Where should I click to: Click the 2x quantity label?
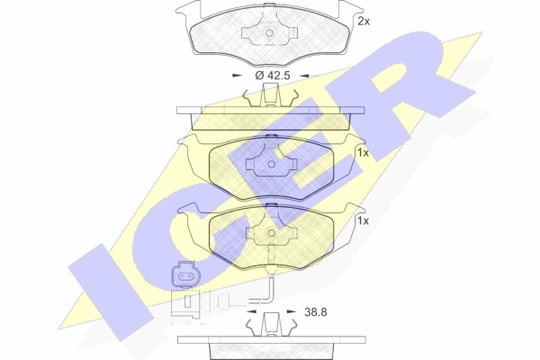pos(364,22)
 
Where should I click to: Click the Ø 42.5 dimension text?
pos(273,75)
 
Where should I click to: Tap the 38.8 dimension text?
pos(316,312)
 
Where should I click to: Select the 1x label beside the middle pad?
pos(363,153)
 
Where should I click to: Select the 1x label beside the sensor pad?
pos(363,220)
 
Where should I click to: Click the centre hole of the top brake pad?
pos(270,33)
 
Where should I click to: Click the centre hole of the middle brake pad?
pos(272,165)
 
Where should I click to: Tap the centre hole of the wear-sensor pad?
pos(272,234)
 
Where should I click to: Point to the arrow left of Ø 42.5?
pos(238,75)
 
